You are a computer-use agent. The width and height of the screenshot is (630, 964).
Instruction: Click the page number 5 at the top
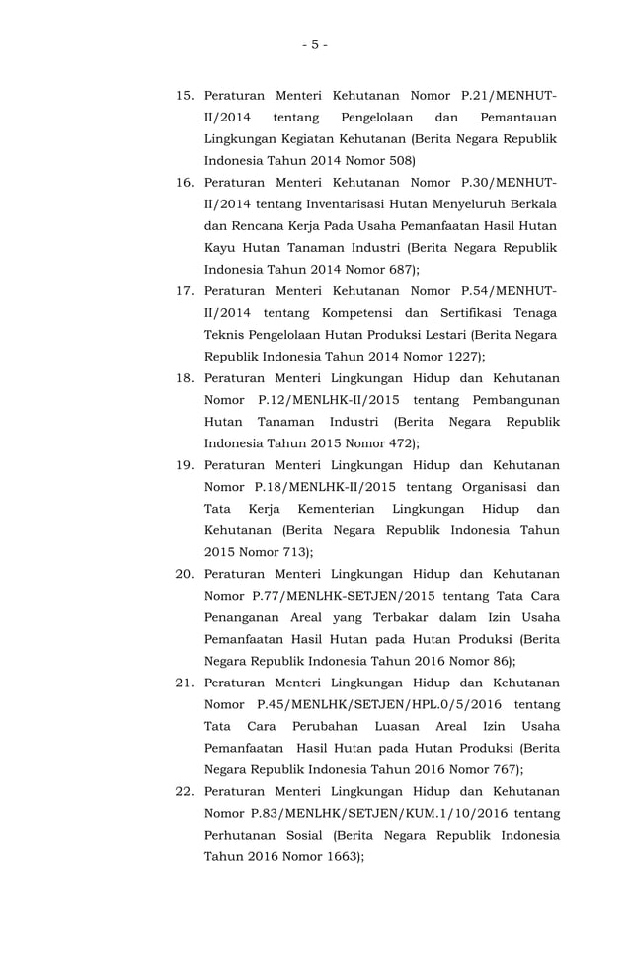(x=314, y=44)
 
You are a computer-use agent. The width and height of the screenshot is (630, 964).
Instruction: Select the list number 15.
(x=185, y=97)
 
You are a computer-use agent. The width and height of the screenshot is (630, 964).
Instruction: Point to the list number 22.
(x=185, y=791)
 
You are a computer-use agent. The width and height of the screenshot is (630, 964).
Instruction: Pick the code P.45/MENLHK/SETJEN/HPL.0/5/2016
(x=379, y=704)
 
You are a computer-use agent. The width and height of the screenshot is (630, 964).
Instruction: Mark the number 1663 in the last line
(x=340, y=857)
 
